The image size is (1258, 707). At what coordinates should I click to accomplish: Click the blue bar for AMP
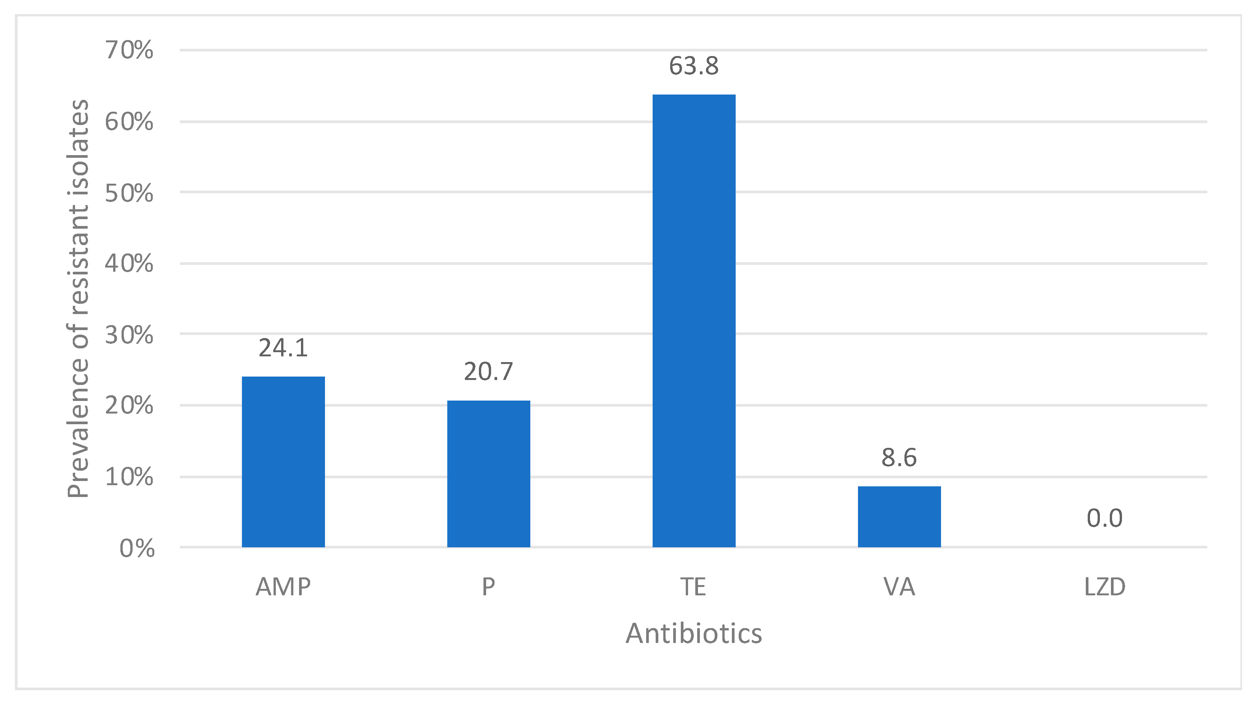point(283,462)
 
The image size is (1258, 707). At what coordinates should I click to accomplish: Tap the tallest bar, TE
point(693,321)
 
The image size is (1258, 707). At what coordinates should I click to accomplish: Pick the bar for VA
point(899,516)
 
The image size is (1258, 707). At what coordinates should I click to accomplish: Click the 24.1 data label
point(283,348)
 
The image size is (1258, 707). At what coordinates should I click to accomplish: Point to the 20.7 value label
point(488,372)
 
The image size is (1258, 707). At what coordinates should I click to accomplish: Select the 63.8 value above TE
point(693,66)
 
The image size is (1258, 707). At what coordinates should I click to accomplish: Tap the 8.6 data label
point(899,458)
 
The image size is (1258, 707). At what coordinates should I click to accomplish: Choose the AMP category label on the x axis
point(283,587)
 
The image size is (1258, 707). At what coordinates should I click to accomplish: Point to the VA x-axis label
point(899,587)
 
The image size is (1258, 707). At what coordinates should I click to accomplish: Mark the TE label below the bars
point(693,587)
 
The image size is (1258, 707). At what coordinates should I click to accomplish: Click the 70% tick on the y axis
point(129,50)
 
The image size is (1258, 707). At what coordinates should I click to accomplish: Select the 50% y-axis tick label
point(129,194)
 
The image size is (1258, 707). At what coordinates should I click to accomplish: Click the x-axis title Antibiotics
point(693,634)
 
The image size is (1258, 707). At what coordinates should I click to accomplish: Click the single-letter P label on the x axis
point(488,587)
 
